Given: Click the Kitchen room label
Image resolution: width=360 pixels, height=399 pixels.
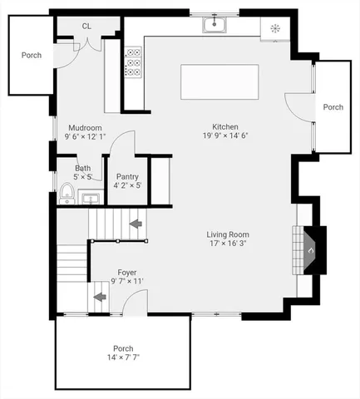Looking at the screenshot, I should click(224, 126).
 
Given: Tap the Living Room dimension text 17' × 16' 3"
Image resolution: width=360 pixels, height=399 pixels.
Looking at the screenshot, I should click(228, 244).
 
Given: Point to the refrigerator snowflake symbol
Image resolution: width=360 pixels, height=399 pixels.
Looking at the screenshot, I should click(275, 27).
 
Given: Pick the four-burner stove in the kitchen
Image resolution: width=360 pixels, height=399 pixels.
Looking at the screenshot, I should click(133, 62).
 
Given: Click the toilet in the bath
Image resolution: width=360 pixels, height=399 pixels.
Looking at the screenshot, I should click(67, 195).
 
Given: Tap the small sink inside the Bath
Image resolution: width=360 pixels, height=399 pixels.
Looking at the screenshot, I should click(91, 198).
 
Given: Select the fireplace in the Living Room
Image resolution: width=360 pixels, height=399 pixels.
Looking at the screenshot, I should click(309, 248).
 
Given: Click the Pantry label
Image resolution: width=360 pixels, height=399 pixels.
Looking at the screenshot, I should click(127, 176).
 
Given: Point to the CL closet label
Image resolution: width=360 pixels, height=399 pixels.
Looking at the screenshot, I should click(86, 27).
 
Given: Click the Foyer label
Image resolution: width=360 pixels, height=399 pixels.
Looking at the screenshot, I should click(126, 272).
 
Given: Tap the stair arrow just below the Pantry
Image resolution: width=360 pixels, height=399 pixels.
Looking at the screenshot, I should click(135, 223).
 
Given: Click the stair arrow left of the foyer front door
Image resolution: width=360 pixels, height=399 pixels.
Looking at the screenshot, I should click(99, 296).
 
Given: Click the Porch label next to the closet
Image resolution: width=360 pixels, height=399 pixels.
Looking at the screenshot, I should click(32, 56).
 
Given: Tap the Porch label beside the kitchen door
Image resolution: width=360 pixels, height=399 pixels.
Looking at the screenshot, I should click(333, 107).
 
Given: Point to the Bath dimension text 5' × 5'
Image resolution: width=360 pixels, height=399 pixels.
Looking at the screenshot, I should click(83, 176).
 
